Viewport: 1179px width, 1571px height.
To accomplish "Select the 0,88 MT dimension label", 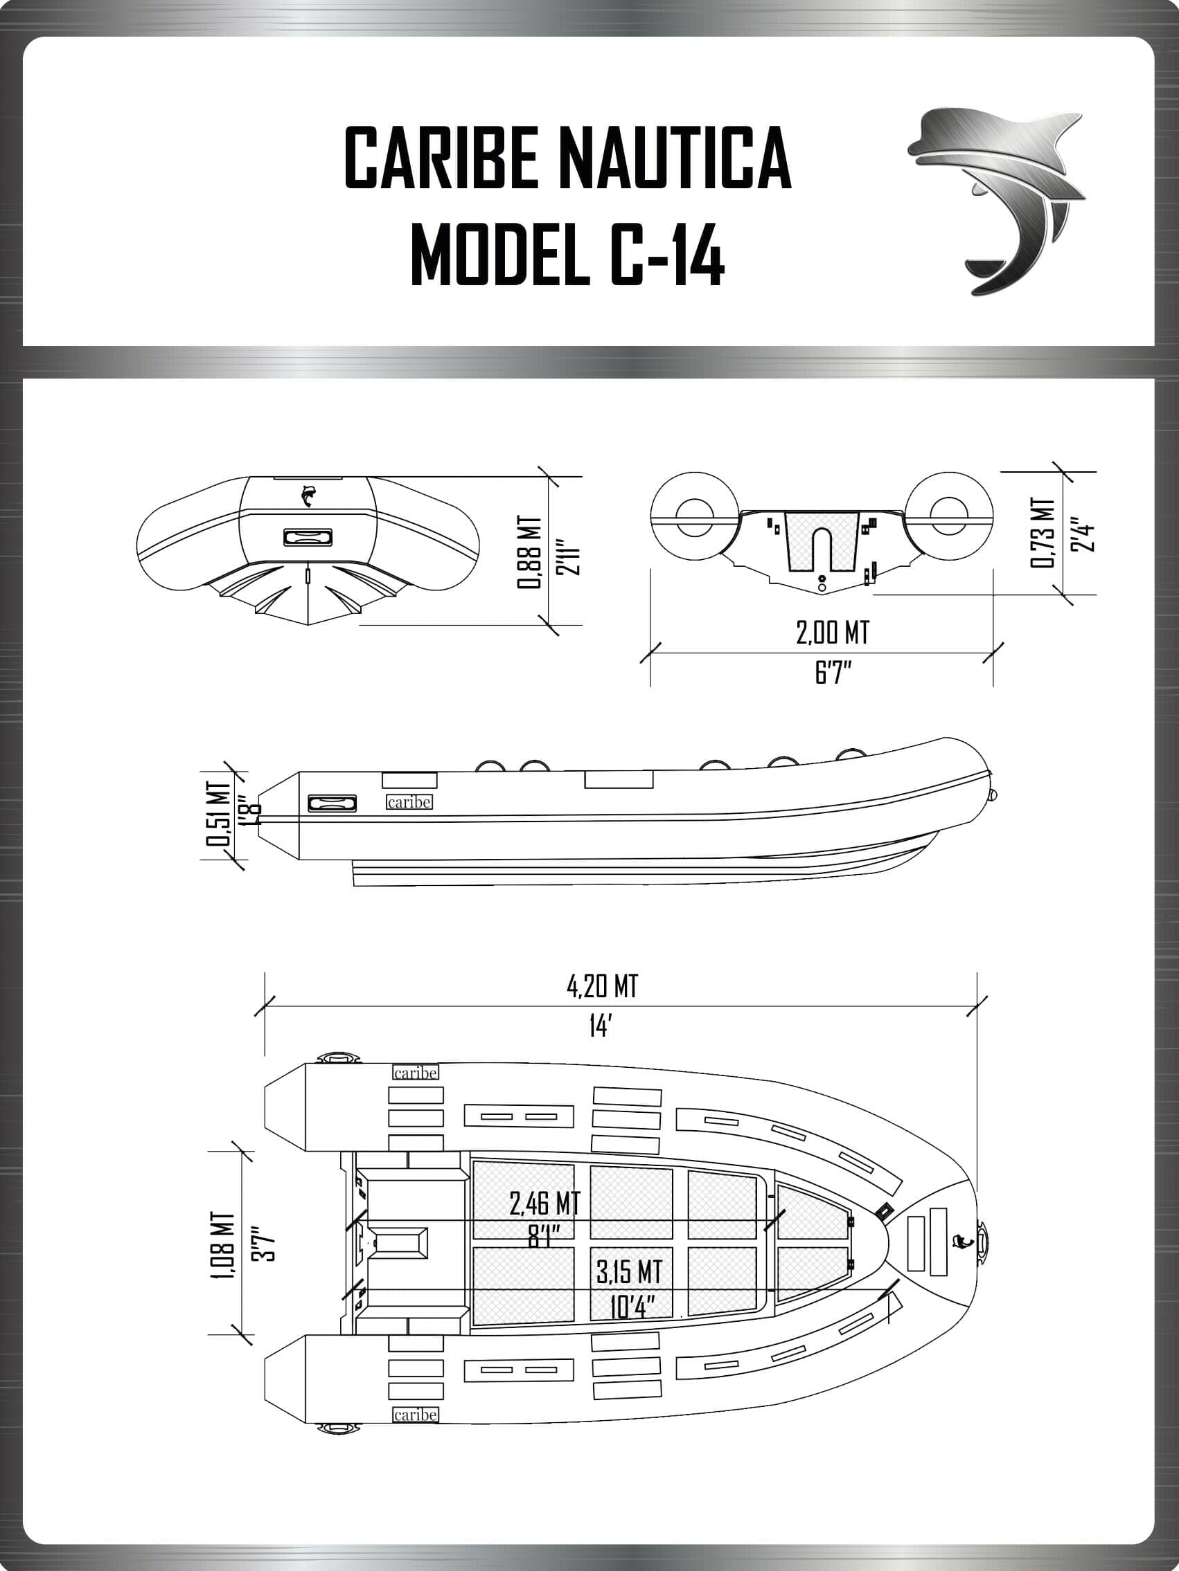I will tap(529, 552).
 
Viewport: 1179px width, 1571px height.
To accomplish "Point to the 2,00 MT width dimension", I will tap(831, 631).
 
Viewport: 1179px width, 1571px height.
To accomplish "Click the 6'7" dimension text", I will tap(832, 672).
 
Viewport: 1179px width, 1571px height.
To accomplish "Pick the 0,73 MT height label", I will tap(1041, 532).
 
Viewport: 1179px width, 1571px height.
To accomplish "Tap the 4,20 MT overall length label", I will tap(602, 986).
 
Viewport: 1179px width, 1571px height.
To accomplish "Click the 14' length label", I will tap(600, 1026).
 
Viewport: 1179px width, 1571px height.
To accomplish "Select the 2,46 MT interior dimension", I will tap(544, 1203).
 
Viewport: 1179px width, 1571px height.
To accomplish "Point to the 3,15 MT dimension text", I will tap(629, 1271).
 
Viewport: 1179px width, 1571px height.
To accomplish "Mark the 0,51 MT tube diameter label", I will tap(218, 814).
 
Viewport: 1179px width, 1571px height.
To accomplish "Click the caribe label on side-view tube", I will tap(409, 802).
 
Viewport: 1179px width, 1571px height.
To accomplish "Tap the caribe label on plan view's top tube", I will tap(415, 1073).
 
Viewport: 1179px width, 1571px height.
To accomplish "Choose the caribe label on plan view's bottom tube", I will tap(415, 1414).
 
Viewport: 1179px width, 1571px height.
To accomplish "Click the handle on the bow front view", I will tap(304, 537).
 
